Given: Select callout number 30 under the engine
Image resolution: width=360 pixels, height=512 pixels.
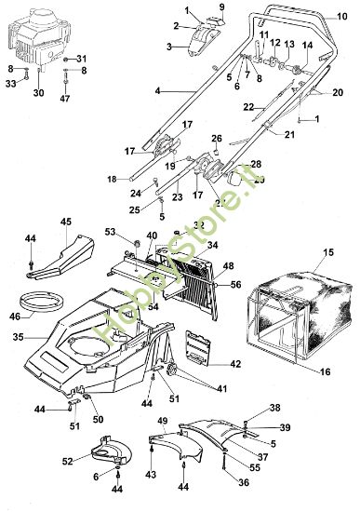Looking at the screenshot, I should pyautogui.click(x=38, y=93).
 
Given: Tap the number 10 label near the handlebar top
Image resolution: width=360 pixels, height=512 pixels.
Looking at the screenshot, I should pyautogui.click(x=331, y=16).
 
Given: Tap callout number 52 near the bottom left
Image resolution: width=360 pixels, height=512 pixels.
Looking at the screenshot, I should pyautogui.click(x=67, y=460).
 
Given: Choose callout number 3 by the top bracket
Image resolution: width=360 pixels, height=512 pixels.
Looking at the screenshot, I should pyautogui.click(x=169, y=46).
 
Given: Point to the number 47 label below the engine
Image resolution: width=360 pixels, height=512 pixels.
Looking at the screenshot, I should pyautogui.click(x=65, y=98).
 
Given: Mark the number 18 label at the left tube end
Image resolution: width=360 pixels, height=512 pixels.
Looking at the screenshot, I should pyautogui.click(x=111, y=178).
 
